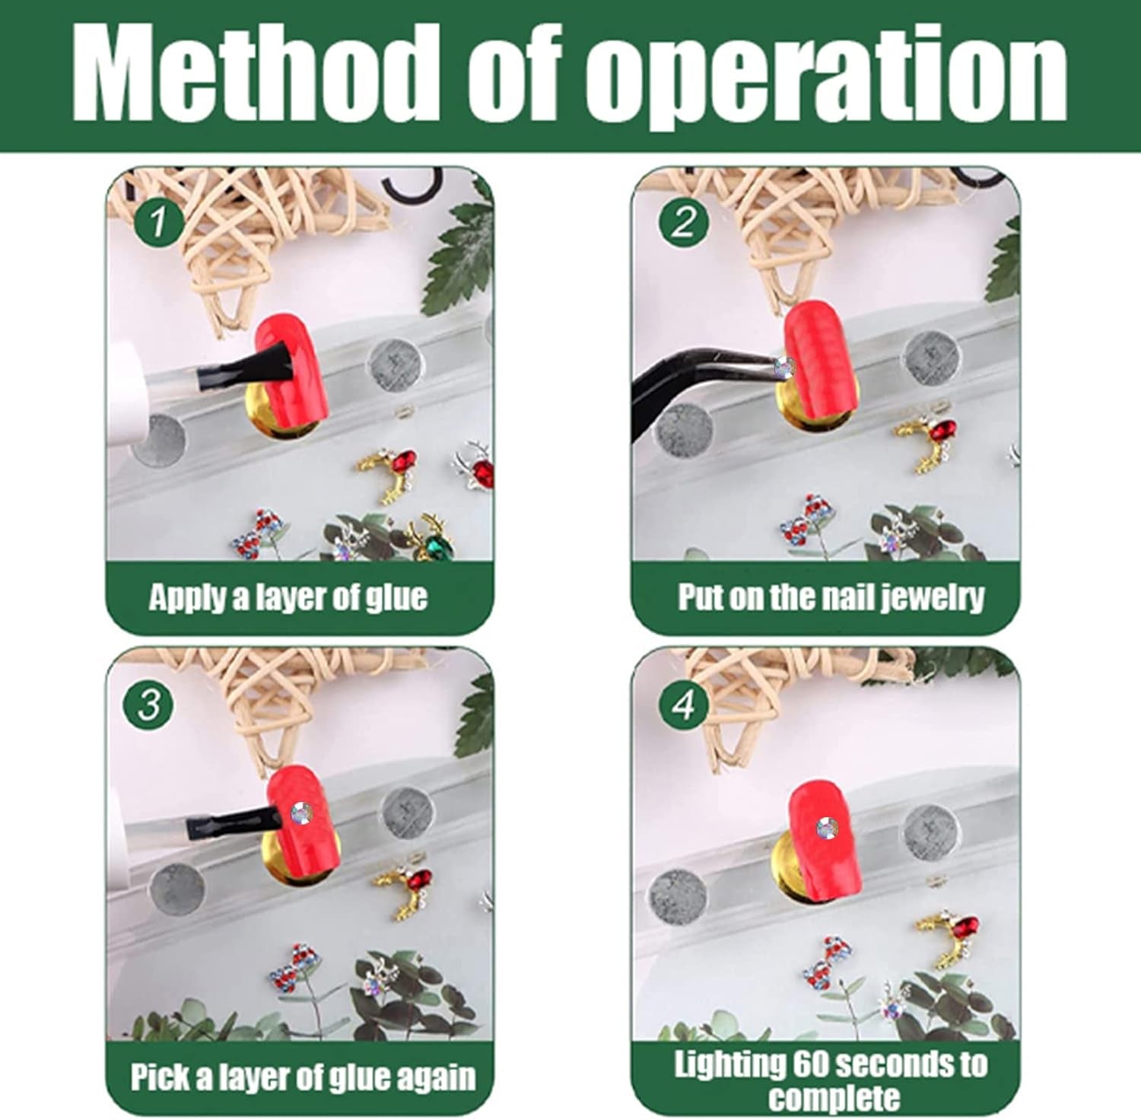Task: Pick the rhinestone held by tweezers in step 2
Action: coord(784,368)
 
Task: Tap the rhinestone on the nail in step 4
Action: coord(827,827)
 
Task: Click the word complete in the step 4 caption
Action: coord(834,1098)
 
